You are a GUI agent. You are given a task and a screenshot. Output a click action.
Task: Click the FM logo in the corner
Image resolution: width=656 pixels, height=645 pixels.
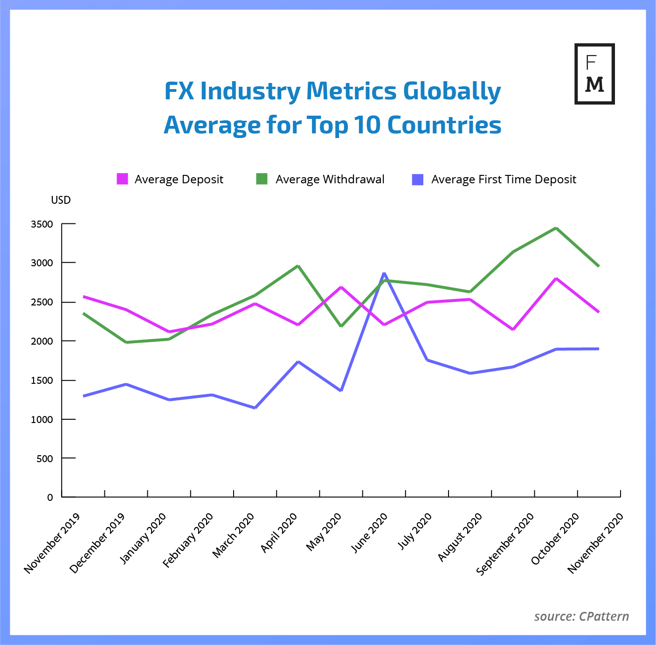click(594, 74)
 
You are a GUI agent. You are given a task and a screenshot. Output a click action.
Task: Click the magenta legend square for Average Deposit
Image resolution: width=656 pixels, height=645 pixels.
click(122, 179)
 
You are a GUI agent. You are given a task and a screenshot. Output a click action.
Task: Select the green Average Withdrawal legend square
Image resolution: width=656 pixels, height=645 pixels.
click(262, 179)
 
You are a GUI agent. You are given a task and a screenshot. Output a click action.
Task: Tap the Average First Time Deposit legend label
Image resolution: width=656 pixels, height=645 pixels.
click(504, 180)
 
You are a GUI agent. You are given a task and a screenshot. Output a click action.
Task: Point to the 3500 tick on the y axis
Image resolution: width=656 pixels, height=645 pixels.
click(42, 224)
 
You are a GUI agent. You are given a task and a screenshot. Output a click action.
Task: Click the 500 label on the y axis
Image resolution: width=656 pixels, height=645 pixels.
click(45, 459)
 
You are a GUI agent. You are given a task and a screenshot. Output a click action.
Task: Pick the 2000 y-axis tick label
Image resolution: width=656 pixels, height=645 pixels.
click(42, 341)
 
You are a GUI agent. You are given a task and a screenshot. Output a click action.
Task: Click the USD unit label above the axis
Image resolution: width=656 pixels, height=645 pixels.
click(61, 200)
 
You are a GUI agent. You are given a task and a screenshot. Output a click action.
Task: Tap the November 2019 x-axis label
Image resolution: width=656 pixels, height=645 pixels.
click(52, 543)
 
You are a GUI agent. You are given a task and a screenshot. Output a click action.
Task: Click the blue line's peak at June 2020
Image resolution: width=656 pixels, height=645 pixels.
click(384, 273)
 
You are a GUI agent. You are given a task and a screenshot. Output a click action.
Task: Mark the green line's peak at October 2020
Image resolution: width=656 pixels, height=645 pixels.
click(556, 228)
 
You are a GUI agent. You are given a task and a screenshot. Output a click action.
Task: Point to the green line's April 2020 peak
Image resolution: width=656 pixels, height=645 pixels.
click(298, 266)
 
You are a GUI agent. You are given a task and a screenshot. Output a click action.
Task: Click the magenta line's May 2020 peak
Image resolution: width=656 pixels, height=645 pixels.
click(341, 287)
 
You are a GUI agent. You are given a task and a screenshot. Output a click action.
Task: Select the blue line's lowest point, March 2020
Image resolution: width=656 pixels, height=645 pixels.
click(255, 408)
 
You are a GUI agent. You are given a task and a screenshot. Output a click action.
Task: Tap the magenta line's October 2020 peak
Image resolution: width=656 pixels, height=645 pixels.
click(556, 278)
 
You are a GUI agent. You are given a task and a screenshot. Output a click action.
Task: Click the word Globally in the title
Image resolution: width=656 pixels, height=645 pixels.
click(452, 91)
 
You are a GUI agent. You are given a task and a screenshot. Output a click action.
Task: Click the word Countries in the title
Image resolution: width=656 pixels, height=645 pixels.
click(444, 125)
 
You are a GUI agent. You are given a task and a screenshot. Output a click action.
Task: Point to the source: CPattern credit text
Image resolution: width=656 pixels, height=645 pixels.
click(581, 617)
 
